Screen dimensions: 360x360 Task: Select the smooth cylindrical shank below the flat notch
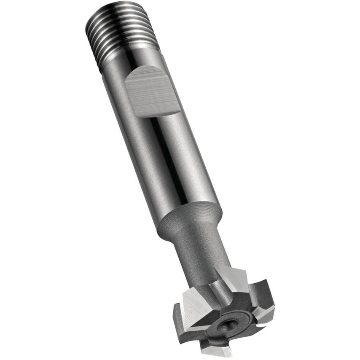tap(177, 169)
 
